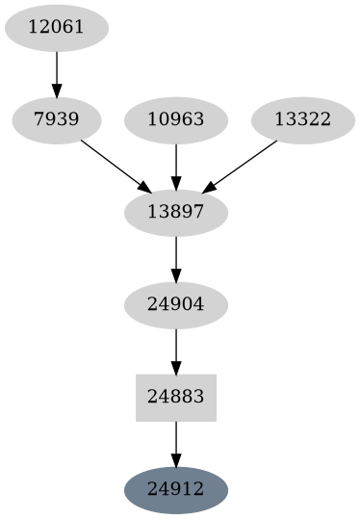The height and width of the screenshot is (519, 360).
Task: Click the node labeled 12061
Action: [x=57, y=27]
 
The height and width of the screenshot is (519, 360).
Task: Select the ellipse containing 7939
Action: [x=57, y=120]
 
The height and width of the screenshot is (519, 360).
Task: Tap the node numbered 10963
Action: [x=176, y=120]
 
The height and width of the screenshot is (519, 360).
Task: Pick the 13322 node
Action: [x=302, y=120]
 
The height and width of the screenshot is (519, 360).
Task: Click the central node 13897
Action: [x=176, y=212]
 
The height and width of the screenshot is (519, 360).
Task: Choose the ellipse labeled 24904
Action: [x=176, y=304]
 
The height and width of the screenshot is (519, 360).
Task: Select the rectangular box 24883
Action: [x=176, y=397]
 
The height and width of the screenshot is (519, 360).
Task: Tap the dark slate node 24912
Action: [x=176, y=489]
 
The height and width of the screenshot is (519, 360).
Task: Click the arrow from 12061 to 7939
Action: [x=57, y=72]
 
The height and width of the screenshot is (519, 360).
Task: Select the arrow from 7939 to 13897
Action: [x=114, y=165]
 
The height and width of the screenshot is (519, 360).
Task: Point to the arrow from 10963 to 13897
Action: [x=176, y=165]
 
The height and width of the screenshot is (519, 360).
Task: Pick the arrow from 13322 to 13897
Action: [x=241, y=166]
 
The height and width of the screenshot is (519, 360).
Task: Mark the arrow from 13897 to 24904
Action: [x=176, y=257]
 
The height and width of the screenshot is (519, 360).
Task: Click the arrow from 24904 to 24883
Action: [x=176, y=350]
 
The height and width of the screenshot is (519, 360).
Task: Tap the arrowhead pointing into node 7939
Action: [x=57, y=91]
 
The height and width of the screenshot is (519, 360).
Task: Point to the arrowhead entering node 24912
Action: [x=176, y=459]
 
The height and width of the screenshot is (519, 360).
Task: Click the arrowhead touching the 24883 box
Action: [x=176, y=367]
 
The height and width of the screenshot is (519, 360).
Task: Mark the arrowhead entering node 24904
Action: [x=176, y=274]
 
